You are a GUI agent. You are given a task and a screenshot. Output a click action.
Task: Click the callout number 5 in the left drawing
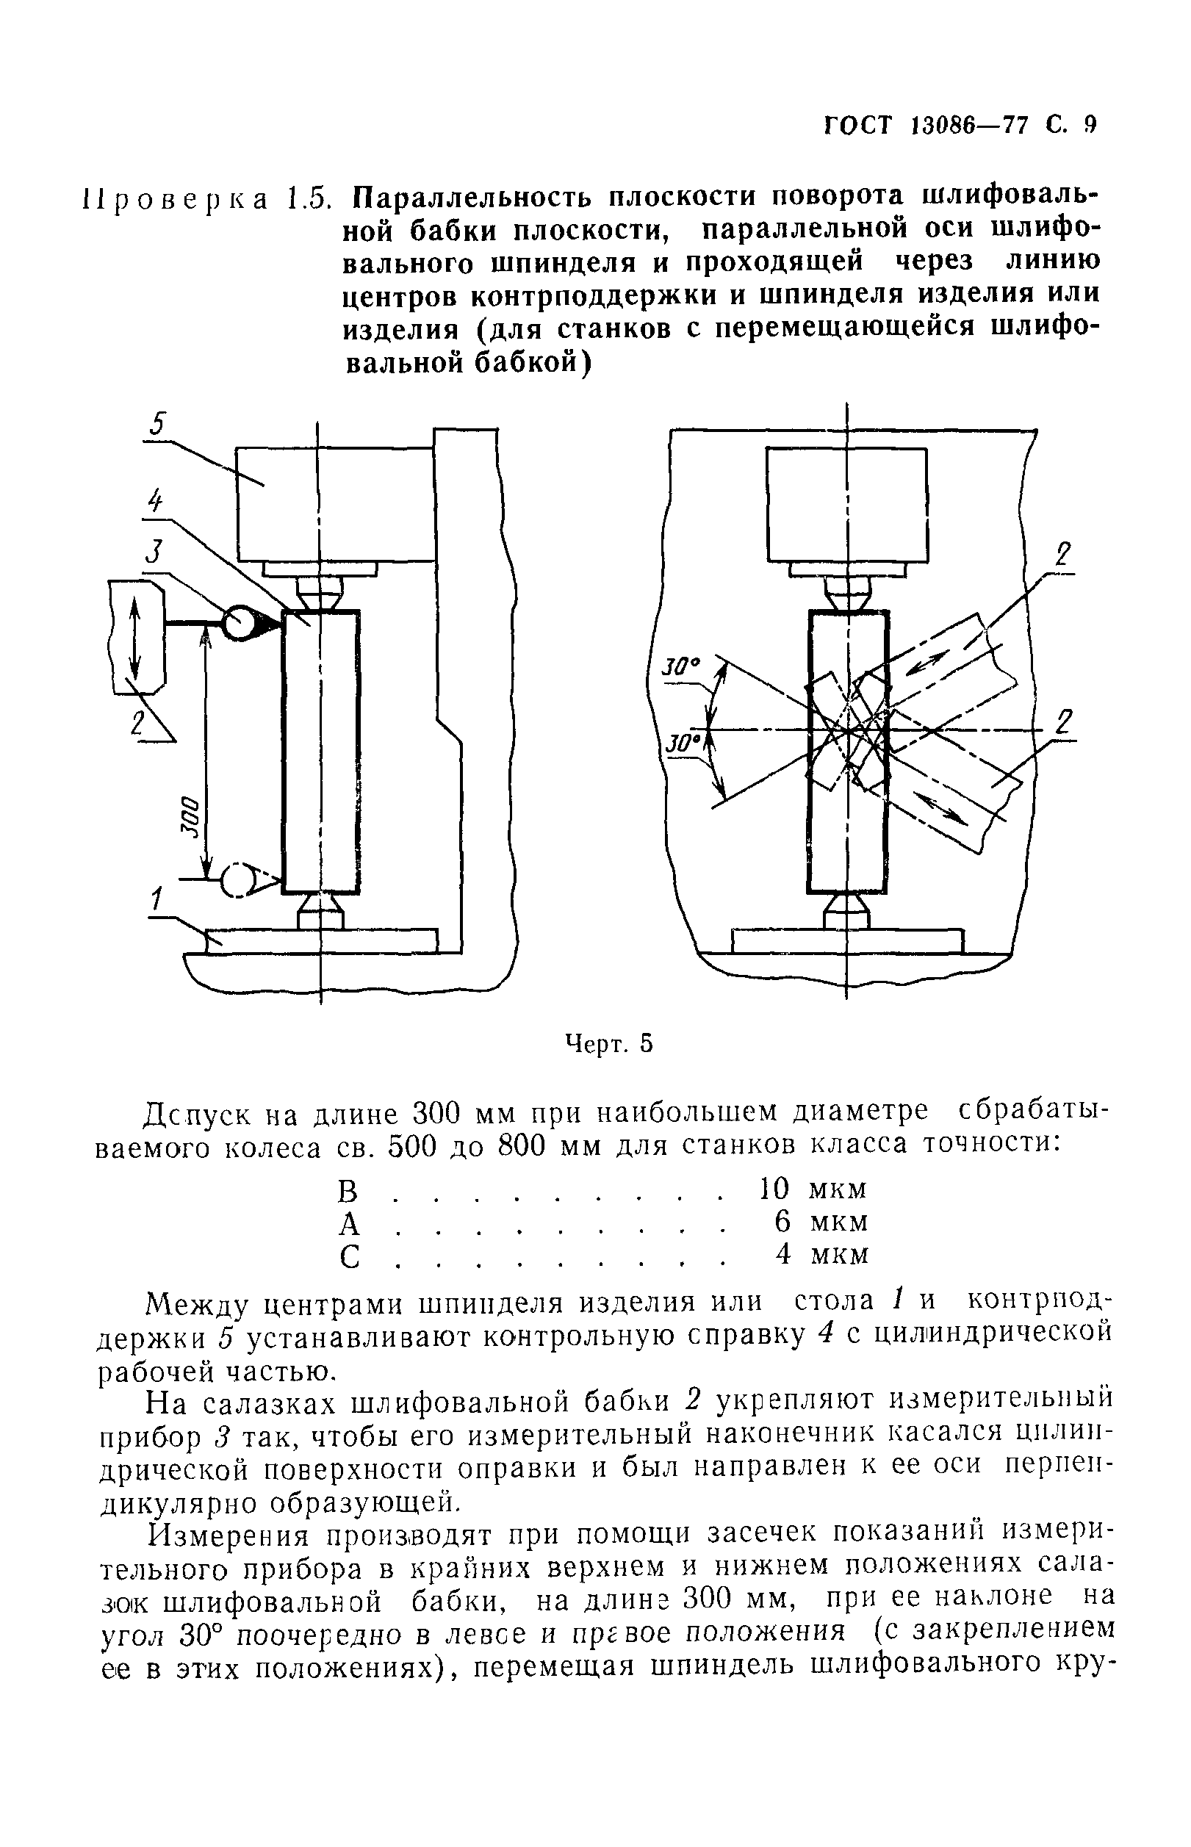tap(159, 425)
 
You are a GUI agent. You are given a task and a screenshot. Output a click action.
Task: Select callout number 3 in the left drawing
tap(156, 553)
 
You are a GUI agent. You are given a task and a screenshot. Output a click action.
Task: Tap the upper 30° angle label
tap(680, 665)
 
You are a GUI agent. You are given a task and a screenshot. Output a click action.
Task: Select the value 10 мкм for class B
tap(811, 1187)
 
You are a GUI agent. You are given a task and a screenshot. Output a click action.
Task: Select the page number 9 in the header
tap(1090, 125)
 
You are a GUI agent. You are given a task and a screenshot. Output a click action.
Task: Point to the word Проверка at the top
tap(175, 198)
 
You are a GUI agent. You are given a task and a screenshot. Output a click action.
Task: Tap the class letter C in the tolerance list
tap(350, 1256)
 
